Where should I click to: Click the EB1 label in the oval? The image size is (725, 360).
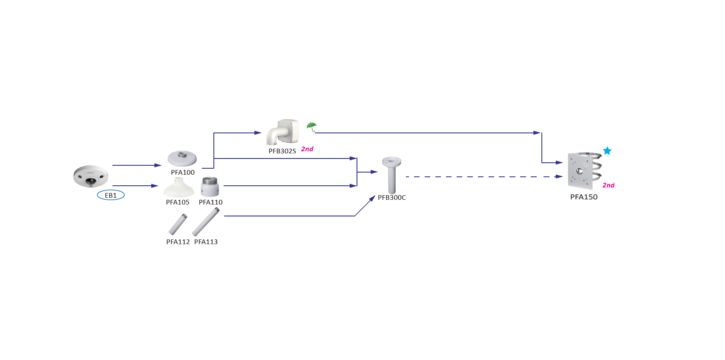click(x=111, y=195)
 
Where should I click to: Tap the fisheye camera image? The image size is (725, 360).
click(x=90, y=176)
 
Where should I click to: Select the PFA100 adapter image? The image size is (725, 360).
click(x=182, y=158)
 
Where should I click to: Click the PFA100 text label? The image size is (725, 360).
click(x=183, y=172)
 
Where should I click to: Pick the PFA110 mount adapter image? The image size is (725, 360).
click(x=210, y=187)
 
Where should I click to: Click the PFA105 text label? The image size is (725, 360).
click(x=178, y=202)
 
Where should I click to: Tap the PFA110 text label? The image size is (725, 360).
click(x=210, y=202)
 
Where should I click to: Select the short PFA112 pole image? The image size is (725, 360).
click(x=178, y=225)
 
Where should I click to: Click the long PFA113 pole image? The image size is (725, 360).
click(x=206, y=222)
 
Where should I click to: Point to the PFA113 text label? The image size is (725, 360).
click(x=206, y=242)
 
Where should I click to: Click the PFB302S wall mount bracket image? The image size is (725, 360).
click(x=282, y=132)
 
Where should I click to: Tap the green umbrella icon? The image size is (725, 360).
click(x=312, y=127)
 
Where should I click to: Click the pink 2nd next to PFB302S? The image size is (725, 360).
click(x=307, y=149)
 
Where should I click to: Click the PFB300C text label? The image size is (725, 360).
click(x=392, y=198)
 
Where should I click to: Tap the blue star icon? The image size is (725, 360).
click(x=607, y=151)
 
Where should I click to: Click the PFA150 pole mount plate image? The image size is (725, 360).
click(x=583, y=171)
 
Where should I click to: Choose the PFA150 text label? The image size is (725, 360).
click(x=584, y=197)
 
